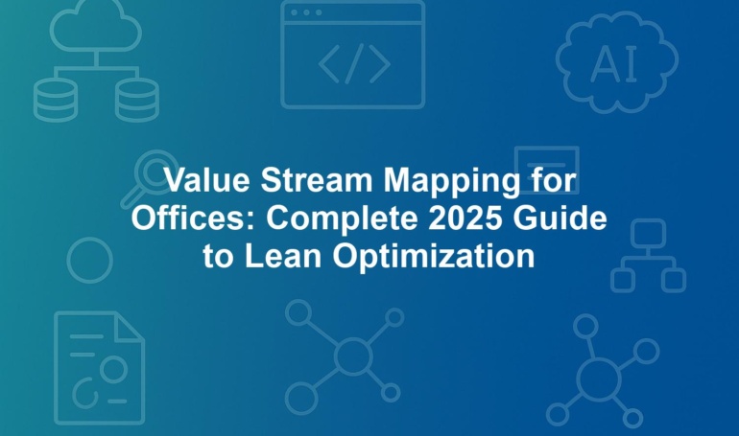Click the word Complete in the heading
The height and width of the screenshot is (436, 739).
tap(343, 220)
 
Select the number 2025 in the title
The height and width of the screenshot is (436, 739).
tap(465, 218)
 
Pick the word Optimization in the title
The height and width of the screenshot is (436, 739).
tap(434, 258)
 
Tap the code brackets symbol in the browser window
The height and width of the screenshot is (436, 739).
tap(354, 63)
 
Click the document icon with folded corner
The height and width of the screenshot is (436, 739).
tap(100, 368)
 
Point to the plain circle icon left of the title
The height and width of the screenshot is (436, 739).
tap(89, 260)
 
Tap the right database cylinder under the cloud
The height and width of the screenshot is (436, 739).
tap(137, 101)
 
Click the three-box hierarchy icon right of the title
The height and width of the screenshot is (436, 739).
tap(649, 256)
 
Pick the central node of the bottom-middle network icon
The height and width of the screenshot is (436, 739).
tap(353, 356)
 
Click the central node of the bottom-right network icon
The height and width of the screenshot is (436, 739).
tap(599, 379)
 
